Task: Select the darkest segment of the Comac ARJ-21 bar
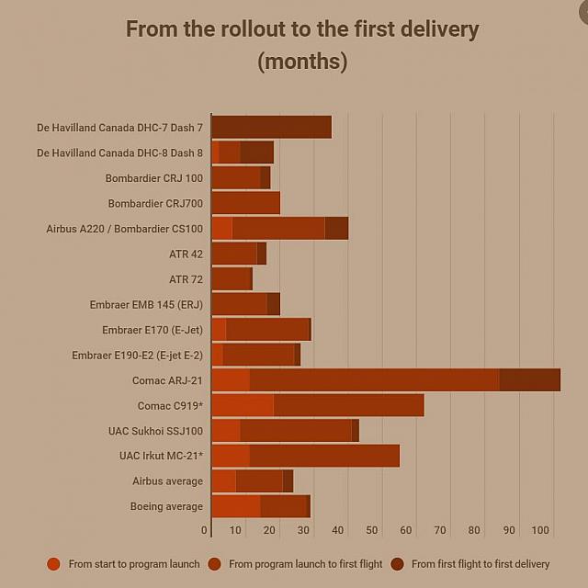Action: [529, 379]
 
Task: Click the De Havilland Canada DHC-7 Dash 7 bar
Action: [271, 127]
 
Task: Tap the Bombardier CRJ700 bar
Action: [245, 203]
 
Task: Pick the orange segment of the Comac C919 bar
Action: [243, 405]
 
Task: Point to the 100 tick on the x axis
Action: [540, 530]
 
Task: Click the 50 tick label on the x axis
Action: [372, 530]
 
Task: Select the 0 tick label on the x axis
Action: [204, 530]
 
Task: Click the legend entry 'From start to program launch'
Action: [133, 564]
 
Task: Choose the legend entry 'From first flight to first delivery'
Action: [480, 564]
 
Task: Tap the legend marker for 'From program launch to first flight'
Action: [214, 564]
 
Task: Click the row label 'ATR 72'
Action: [186, 279]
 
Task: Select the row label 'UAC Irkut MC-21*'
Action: [161, 456]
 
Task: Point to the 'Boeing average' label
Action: [166, 506]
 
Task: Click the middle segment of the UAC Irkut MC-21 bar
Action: [324, 456]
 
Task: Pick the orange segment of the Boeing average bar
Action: [235, 506]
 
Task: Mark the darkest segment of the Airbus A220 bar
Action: [336, 228]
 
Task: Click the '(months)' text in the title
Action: [302, 62]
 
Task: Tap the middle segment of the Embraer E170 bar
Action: [267, 329]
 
